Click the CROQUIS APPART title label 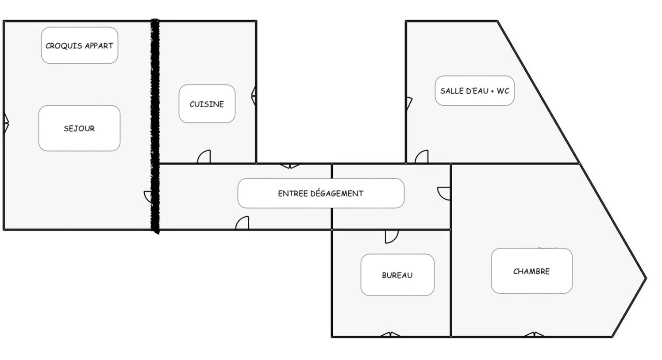pyautogui.click(x=80, y=46)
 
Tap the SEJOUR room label pyautogui.click(x=79, y=128)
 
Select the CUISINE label pyautogui.click(x=207, y=103)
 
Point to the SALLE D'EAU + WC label pyautogui.click(x=475, y=91)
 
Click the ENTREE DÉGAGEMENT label pyautogui.click(x=321, y=193)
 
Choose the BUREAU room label pyautogui.click(x=397, y=275)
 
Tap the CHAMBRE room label pyautogui.click(x=531, y=271)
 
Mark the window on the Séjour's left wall pyautogui.click(x=6, y=123)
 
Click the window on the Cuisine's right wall pyautogui.click(x=254, y=96)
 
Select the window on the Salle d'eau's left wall pyautogui.click(x=409, y=103)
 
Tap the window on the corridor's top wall pyautogui.click(x=290, y=166)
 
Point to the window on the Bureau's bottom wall pyautogui.click(x=390, y=334)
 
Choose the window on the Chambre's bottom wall pyautogui.click(x=534, y=334)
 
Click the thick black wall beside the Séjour pyautogui.click(x=155, y=126)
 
